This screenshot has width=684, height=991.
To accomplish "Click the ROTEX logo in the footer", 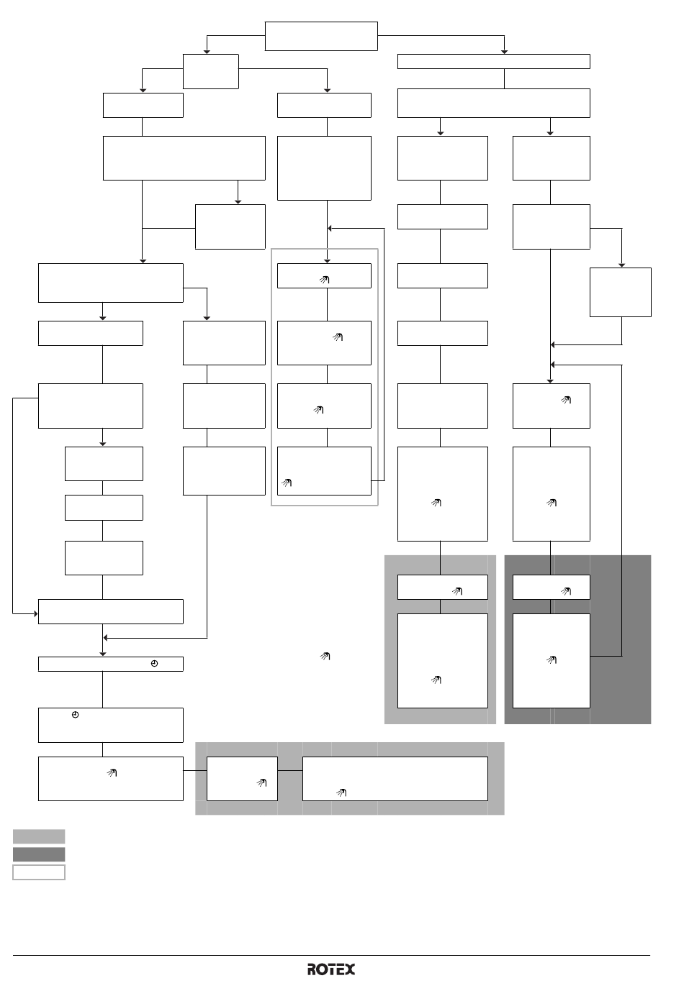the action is pos(331,969).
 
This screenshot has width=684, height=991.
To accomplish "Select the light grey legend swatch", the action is pos(39,836).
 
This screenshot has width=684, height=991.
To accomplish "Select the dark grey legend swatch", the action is pos(39,854).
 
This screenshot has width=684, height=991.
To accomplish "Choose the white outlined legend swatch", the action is pos(39,872).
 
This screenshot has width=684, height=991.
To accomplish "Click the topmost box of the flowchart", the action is pos(321,36).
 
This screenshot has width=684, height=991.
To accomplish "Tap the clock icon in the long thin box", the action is pos(154,664).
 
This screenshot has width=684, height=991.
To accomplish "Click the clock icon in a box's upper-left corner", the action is pos(76,715).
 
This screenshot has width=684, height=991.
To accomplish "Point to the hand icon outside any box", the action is pos(325,656).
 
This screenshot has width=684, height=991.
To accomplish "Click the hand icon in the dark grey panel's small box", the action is pos(566,591).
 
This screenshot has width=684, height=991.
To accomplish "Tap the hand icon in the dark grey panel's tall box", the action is pos(552,660).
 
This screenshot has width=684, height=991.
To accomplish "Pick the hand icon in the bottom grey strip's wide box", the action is pos(341,793).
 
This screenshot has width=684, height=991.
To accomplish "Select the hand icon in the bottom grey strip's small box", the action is pos(261,782).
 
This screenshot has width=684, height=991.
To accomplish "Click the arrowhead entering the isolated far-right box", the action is pos(621,265).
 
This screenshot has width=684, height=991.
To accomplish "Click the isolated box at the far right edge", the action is pos(620,293).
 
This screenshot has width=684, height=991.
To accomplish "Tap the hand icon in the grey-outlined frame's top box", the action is pos(324,280).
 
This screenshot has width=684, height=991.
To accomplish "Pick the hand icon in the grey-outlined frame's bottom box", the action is pos(287,483).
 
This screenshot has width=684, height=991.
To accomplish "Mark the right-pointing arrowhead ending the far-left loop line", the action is pos(36,613).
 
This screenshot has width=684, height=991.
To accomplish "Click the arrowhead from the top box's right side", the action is pos(504,52).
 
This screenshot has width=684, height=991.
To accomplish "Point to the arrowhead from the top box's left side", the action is pos(207,52).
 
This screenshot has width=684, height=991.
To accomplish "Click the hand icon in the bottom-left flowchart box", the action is pos(112,773).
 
